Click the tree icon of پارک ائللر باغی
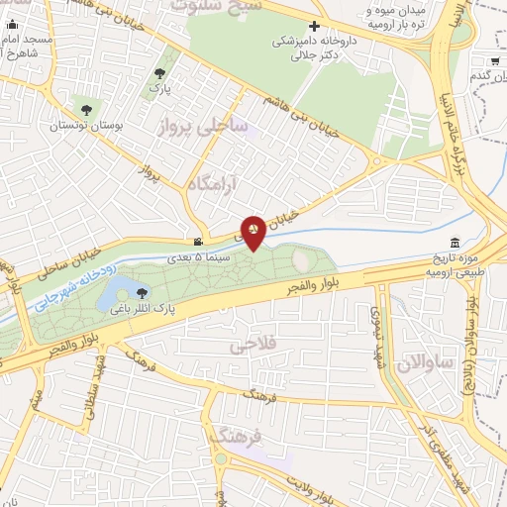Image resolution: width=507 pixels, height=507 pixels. [143, 292]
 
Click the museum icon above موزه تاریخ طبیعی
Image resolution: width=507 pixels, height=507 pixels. [455, 244]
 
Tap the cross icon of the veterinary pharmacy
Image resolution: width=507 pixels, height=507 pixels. [314, 26]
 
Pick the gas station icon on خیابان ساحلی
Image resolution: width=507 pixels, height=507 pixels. [200, 241]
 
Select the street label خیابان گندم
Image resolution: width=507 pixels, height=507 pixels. [486, 76]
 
